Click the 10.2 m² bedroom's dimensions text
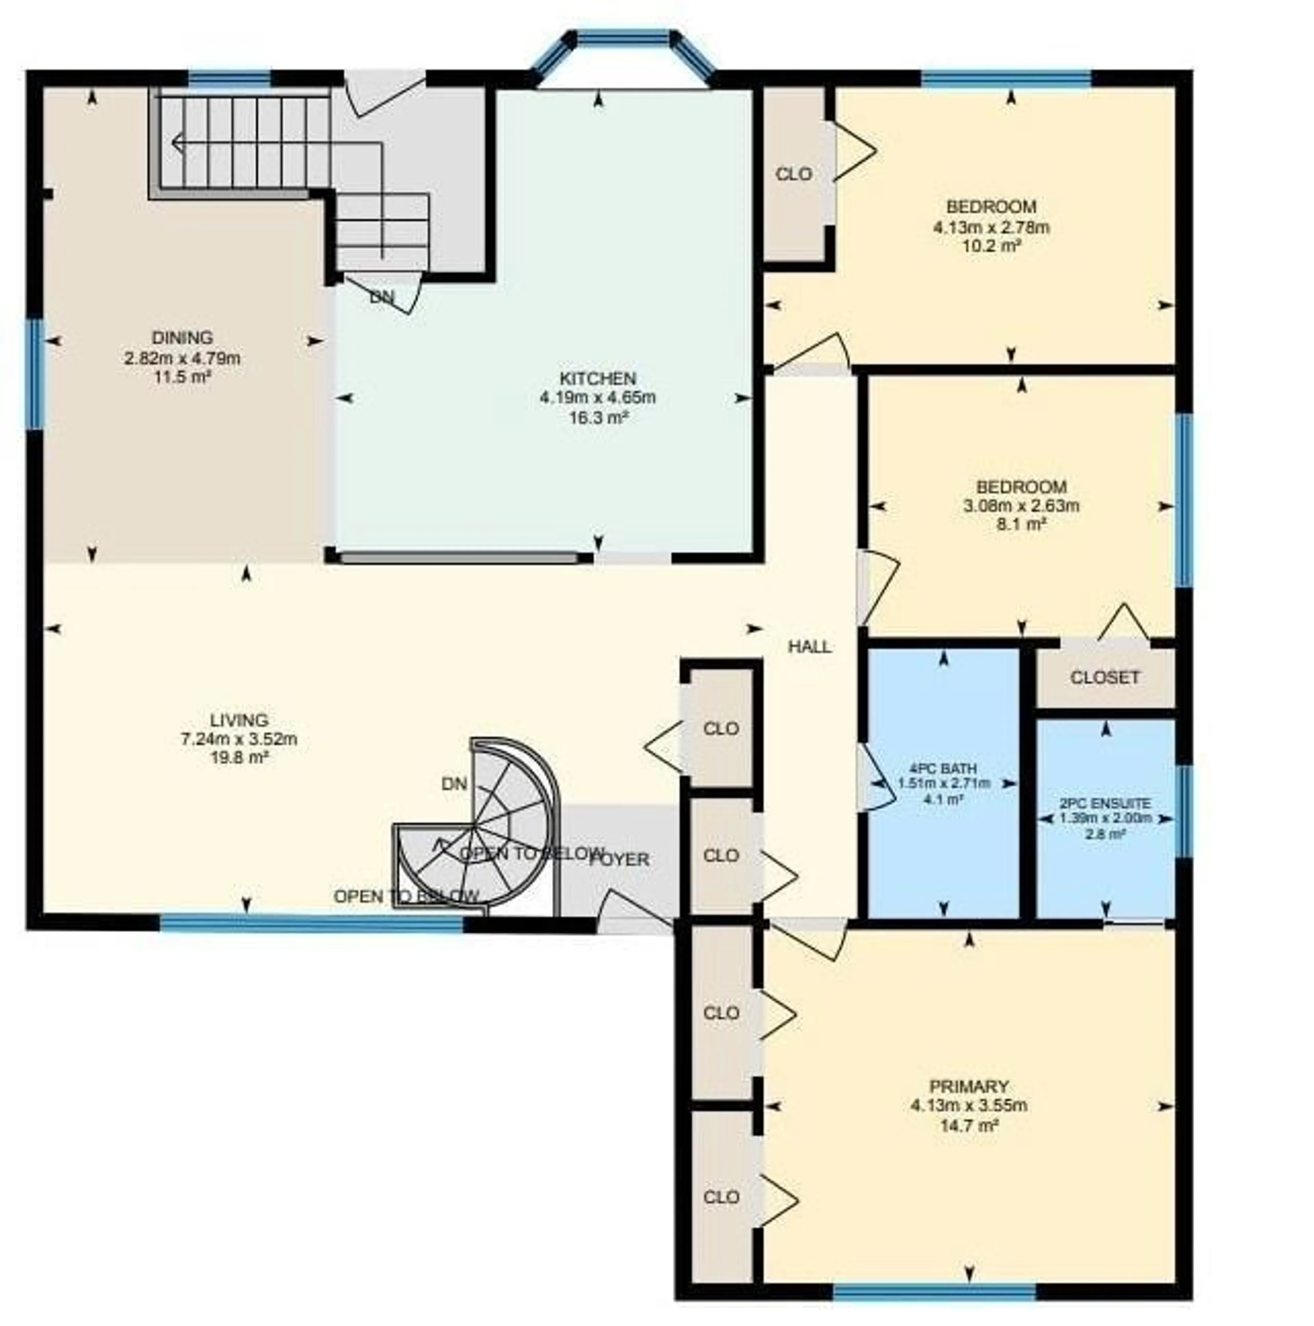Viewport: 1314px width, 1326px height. coord(991,226)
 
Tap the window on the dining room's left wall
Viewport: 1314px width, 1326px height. coord(34,374)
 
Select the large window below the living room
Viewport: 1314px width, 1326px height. coord(312,924)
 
